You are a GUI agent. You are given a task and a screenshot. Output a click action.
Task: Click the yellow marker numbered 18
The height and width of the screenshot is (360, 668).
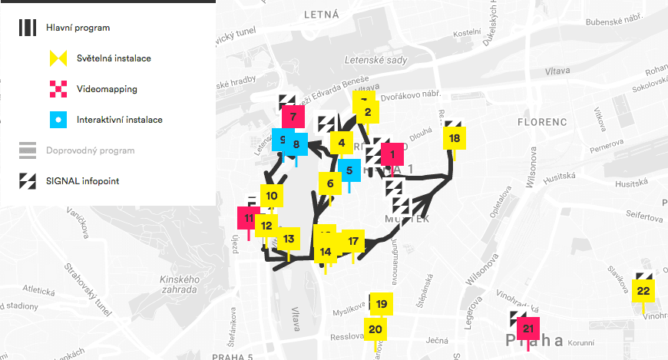455,138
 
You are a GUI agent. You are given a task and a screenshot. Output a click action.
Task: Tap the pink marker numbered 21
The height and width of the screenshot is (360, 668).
527,329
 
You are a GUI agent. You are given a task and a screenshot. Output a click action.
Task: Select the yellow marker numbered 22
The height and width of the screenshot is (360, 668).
643,290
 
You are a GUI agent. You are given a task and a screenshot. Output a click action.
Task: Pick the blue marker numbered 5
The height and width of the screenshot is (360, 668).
349,171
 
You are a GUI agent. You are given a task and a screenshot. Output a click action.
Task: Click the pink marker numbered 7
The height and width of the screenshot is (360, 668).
293,119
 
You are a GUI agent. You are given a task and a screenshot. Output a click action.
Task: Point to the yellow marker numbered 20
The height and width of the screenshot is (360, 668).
375,329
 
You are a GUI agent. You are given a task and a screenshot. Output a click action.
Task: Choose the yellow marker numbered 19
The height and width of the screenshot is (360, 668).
382,305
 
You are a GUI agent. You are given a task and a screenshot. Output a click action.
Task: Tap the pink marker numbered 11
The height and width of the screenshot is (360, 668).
249,218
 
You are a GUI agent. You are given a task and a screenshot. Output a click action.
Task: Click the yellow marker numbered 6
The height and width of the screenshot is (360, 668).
330,183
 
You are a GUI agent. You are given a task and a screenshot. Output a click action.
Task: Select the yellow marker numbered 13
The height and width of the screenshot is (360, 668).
289,239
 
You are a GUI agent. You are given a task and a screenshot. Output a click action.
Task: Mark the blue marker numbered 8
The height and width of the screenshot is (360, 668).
296,144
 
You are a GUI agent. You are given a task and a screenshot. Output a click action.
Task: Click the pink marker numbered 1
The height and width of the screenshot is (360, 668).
392,154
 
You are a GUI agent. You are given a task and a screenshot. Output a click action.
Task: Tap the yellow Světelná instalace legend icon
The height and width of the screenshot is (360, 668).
60,58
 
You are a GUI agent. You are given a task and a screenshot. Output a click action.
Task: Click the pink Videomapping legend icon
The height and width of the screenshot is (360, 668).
60,89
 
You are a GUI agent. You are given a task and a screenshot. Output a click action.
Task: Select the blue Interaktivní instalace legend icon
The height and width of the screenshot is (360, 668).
60,120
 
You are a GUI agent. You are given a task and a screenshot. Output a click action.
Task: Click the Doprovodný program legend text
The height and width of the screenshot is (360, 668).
91,150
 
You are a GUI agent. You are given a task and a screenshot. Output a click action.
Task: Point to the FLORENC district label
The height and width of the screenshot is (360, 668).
541,122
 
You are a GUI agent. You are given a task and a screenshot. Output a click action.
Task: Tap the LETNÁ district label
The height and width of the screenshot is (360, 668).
321,14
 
